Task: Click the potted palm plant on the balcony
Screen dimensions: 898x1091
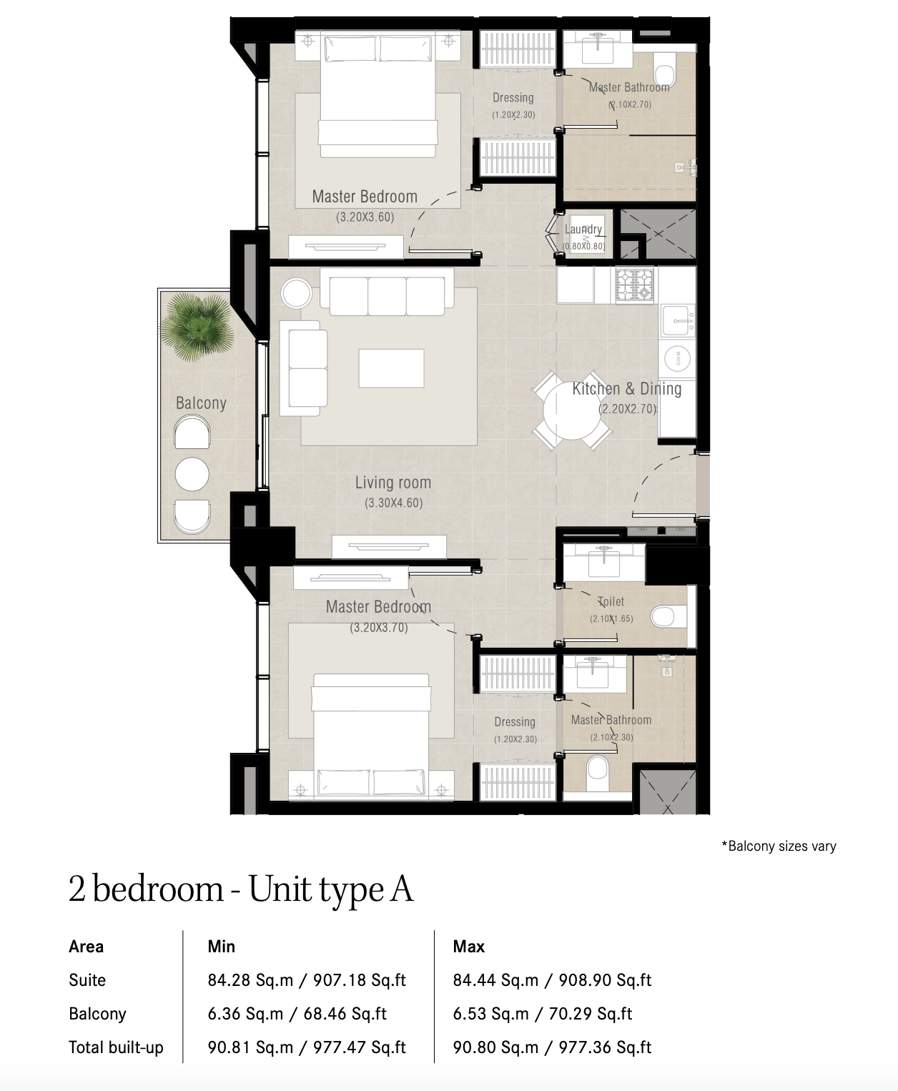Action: pyautogui.click(x=196, y=326)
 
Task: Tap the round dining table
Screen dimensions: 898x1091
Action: pyautogui.click(x=572, y=411)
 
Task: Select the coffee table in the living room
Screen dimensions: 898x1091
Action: pyautogui.click(x=391, y=367)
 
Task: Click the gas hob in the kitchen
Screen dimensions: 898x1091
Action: pyautogui.click(x=635, y=285)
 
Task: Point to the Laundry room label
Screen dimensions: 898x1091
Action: pyautogui.click(x=583, y=229)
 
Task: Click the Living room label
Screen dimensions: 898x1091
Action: pyautogui.click(x=393, y=483)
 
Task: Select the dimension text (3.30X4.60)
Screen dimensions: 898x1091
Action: pyautogui.click(x=394, y=503)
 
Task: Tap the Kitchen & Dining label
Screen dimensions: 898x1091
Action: pyautogui.click(x=626, y=388)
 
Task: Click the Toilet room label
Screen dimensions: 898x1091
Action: pyautogui.click(x=611, y=602)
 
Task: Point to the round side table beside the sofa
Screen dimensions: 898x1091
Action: pyautogui.click(x=297, y=293)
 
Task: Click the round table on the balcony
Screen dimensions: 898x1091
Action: pyautogui.click(x=192, y=474)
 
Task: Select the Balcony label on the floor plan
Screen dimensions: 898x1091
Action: pyautogui.click(x=201, y=403)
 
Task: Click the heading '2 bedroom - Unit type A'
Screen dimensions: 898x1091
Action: pyautogui.click(x=241, y=889)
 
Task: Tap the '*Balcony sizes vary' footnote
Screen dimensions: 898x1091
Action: pyautogui.click(x=779, y=846)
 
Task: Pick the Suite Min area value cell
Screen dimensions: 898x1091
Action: pyautogui.click(x=307, y=979)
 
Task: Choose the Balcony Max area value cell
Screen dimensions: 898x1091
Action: pyautogui.click(x=543, y=1013)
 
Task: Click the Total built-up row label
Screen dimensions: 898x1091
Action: pyautogui.click(x=116, y=1047)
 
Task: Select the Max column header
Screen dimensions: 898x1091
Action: pyautogui.click(x=468, y=947)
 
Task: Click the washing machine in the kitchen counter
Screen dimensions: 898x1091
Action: pyautogui.click(x=678, y=358)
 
